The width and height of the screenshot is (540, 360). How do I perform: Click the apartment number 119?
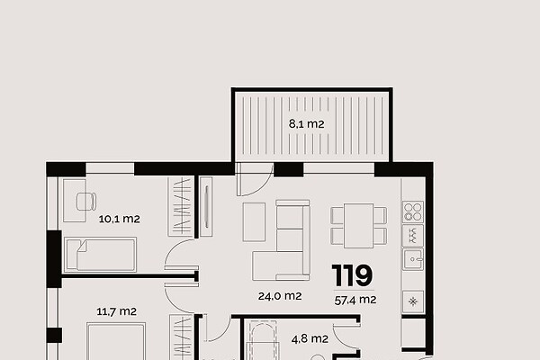352,275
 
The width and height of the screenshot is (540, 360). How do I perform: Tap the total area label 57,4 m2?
355,300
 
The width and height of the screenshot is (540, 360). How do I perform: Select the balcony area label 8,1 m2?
307,123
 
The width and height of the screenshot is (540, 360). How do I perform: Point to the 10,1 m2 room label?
119,219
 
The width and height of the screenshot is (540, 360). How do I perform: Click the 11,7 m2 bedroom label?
116,311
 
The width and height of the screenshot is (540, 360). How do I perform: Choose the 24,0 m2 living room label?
280,296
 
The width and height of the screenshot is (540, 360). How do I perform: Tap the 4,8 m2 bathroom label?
310,339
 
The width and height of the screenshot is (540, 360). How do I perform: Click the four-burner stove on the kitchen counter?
413,211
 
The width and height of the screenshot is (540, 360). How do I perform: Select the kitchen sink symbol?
413,260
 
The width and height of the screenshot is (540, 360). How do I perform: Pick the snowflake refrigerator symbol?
413,301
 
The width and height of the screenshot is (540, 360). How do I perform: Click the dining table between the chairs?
358,226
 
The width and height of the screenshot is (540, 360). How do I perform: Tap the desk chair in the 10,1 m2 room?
86,202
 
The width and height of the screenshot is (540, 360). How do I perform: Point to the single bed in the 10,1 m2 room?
101,254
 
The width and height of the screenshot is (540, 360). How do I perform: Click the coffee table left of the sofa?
254,222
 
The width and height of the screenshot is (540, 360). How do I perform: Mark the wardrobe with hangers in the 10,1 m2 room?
180,207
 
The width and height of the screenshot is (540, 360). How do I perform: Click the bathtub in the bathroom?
263,340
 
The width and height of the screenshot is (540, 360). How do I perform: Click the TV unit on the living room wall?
206,207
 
